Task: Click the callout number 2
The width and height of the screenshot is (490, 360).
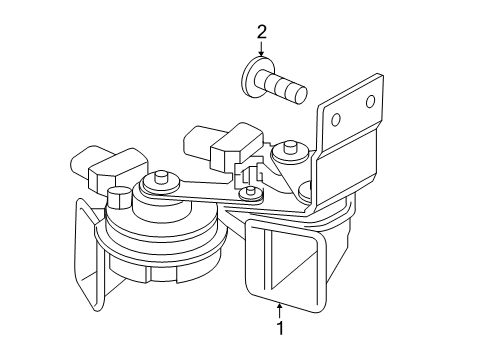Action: tap(262, 32)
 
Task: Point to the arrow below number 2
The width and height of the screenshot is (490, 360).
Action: tap(261, 49)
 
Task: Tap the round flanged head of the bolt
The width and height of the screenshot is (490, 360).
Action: tap(252, 77)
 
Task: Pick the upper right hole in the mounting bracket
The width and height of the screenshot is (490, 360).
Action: tap(370, 102)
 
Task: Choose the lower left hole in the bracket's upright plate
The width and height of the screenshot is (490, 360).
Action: tap(336, 120)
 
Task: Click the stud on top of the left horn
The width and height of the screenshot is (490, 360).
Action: tap(161, 177)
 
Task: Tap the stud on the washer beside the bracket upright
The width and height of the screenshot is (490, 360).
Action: tap(290, 147)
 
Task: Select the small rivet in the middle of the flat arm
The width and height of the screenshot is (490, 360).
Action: tap(250, 193)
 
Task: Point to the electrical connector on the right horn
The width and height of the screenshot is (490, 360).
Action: tap(224, 143)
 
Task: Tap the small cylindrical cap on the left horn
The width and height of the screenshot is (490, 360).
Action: tap(119, 198)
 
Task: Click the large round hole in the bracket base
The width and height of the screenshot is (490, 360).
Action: tap(305, 191)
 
